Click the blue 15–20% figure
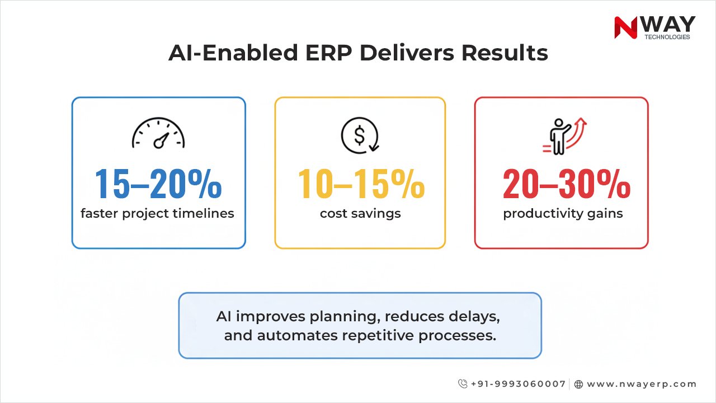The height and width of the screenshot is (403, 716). point(158,184)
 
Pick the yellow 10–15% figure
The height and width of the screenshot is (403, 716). point(360,184)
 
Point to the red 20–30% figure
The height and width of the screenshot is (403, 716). point(566,184)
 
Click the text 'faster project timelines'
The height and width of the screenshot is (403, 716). point(157,213)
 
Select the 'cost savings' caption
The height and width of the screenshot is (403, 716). point(360,213)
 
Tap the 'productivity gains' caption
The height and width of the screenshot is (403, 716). point(563,213)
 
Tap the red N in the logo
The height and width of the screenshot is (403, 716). point(625,27)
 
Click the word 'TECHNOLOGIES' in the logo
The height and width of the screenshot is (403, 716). point(667,38)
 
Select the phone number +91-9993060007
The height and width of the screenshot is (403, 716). point(518,384)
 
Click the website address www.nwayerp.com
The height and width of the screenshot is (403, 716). point(642,384)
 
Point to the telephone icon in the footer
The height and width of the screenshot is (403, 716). point(463,384)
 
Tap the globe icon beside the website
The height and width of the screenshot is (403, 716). point(579,385)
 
